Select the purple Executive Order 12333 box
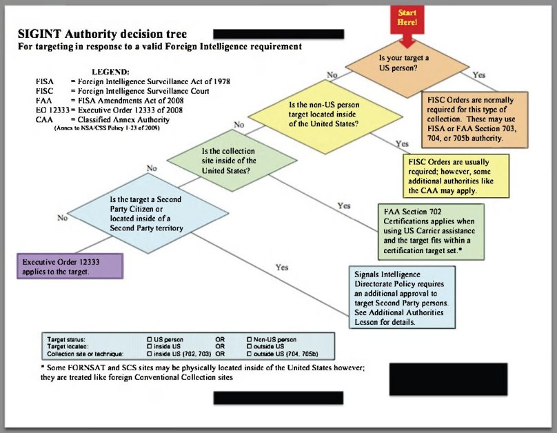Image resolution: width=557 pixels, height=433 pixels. [x=70, y=267]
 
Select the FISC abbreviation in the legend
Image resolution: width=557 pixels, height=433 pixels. [x=44, y=91]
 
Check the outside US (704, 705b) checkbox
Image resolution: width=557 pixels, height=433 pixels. [x=249, y=354]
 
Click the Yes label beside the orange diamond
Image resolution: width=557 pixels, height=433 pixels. [x=479, y=74]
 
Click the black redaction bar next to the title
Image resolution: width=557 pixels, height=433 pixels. [x=278, y=33]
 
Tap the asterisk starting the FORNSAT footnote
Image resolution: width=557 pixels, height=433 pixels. [x=43, y=368]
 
